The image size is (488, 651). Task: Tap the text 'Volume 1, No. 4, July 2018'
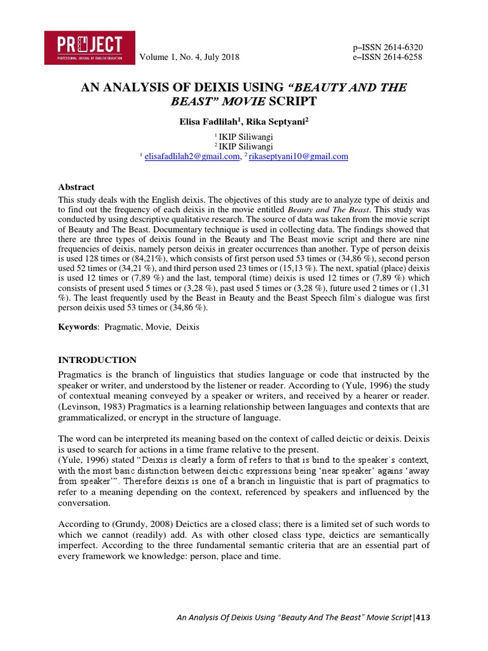189,57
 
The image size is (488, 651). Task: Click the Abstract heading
76,187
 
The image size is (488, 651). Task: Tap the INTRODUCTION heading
97,360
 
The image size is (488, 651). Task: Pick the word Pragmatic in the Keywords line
125,327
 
